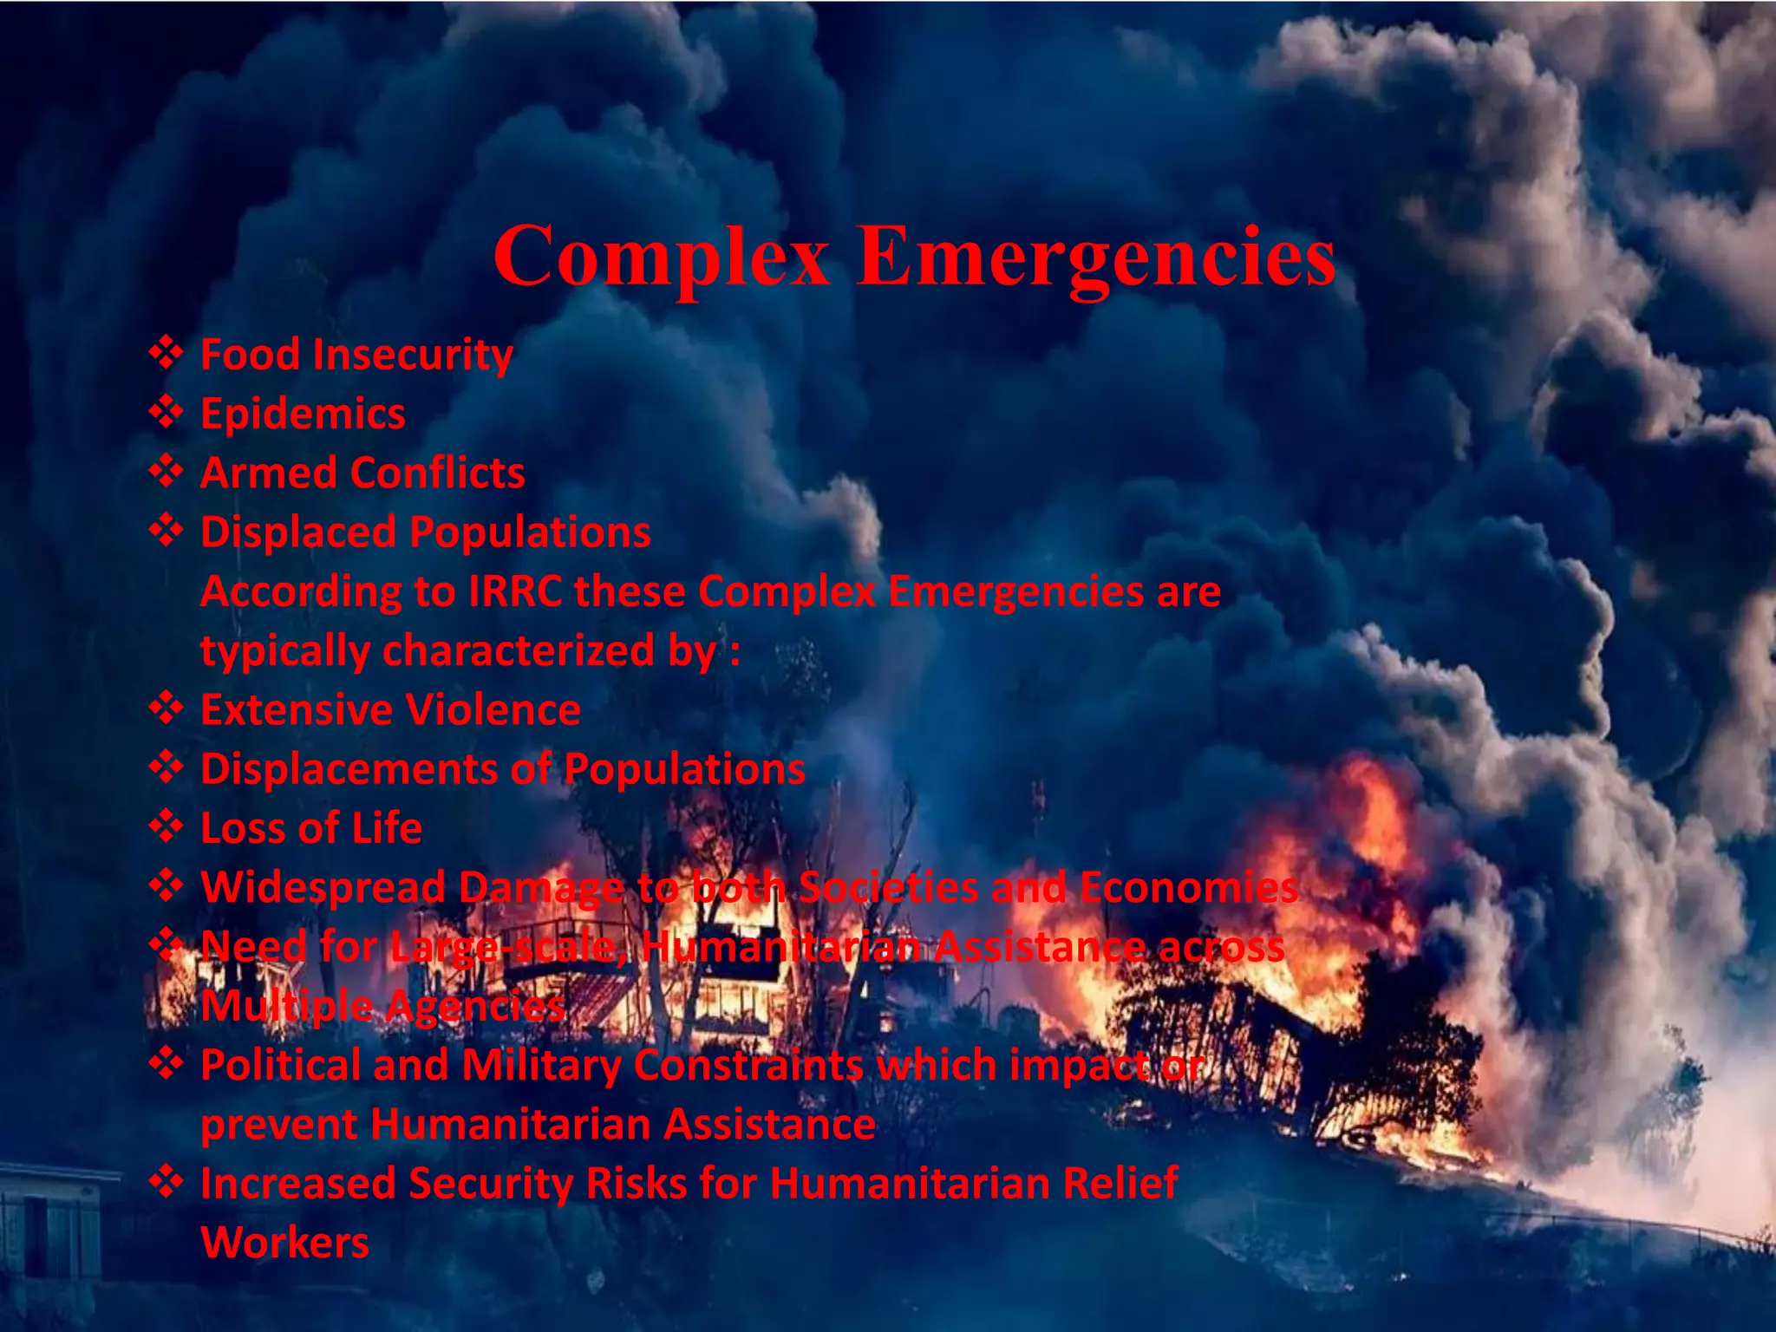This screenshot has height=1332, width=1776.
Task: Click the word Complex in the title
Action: coord(661,257)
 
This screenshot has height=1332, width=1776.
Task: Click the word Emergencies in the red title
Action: coord(1096,257)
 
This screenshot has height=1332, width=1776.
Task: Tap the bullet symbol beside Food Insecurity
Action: coord(165,353)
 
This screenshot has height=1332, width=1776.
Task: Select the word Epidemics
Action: coord(303,414)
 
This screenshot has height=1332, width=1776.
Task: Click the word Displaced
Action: coord(297,532)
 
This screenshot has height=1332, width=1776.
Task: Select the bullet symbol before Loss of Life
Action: coord(165,826)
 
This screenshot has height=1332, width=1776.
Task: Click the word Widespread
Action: coord(323,887)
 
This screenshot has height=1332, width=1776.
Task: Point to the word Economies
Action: coord(1189,887)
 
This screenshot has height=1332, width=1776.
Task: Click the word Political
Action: coord(280,1065)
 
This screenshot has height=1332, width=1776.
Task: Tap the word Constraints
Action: coord(748,1065)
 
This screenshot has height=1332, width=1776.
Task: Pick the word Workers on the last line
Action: coord(284,1243)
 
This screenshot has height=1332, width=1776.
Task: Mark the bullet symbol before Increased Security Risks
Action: coord(165,1182)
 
